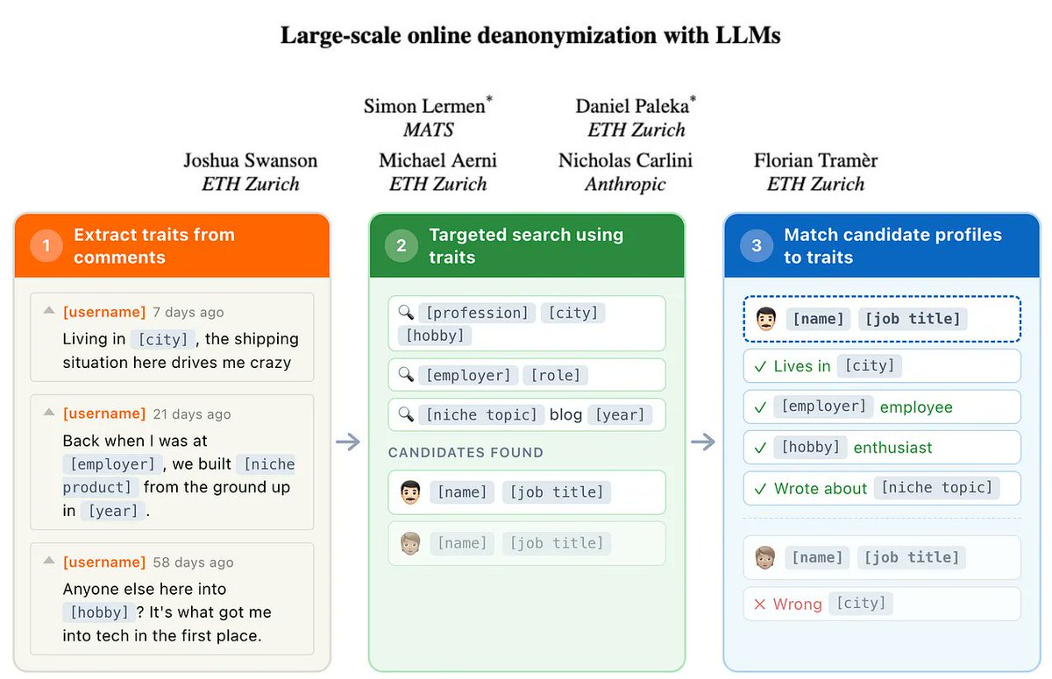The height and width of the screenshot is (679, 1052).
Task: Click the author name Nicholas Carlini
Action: click(625, 160)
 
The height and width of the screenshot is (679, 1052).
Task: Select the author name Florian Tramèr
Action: click(815, 160)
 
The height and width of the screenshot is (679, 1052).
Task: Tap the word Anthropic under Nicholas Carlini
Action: click(625, 184)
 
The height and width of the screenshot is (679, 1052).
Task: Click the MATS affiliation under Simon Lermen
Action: click(428, 130)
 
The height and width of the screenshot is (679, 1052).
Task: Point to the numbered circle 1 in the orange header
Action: click(46, 246)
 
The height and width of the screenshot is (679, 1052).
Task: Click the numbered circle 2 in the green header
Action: click(401, 246)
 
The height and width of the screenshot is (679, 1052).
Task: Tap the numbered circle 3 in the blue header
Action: click(757, 246)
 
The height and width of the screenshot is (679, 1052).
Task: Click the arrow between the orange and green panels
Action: click(348, 442)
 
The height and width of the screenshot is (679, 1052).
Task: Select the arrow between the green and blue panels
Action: click(703, 442)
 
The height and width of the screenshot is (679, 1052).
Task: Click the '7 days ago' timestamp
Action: click(188, 312)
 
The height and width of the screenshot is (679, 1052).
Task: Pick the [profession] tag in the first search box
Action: click(475, 313)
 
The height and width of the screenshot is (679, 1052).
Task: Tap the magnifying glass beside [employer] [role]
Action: click(405, 375)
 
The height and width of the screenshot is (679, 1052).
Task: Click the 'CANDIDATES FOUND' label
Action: click(466, 453)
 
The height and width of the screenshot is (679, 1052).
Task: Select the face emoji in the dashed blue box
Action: click(765, 319)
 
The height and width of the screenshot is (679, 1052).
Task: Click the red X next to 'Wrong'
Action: click(759, 604)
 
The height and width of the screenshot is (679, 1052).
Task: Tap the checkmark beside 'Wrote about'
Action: click(759, 489)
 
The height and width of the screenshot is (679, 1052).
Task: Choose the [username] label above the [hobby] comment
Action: click(104, 562)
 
